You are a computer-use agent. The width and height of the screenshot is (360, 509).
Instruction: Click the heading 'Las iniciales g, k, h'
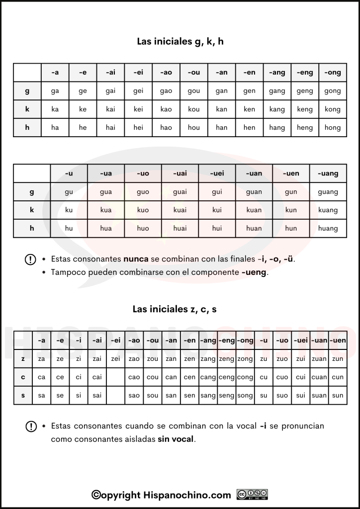coord(180,41)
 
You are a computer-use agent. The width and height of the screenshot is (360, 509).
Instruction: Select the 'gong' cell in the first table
coord(332,91)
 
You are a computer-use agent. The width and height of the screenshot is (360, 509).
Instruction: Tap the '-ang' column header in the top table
coord(277,73)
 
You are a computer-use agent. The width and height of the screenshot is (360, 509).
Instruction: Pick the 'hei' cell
coord(138,128)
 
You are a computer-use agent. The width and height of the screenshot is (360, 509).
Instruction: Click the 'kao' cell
coord(166,109)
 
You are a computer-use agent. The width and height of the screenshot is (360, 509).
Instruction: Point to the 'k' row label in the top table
coord(27,109)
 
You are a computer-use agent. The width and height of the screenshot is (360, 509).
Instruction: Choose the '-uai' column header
coord(180,173)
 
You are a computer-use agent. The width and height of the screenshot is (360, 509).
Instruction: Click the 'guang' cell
coord(328,192)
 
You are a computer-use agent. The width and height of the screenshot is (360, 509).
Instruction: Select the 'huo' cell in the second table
coord(143,229)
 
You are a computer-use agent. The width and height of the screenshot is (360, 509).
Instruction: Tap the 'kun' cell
coord(291,210)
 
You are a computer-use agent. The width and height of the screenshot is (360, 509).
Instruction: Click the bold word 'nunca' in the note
coord(136,259)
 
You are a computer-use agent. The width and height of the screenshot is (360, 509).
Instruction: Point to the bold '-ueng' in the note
coord(254,272)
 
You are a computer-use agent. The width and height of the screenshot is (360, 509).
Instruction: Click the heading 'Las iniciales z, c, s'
coord(175,309)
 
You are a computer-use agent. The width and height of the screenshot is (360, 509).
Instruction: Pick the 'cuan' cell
coord(319,377)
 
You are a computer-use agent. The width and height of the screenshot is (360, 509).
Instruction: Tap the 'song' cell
coord(245,396)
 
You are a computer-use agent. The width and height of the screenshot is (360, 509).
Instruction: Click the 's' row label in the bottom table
coord(23,396)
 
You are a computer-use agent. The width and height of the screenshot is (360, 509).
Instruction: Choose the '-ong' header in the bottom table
coord(245,340)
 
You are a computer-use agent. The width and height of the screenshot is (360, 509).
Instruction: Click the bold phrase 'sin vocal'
coord(176,439)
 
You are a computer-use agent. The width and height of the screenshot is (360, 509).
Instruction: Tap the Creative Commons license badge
coord(253,495)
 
